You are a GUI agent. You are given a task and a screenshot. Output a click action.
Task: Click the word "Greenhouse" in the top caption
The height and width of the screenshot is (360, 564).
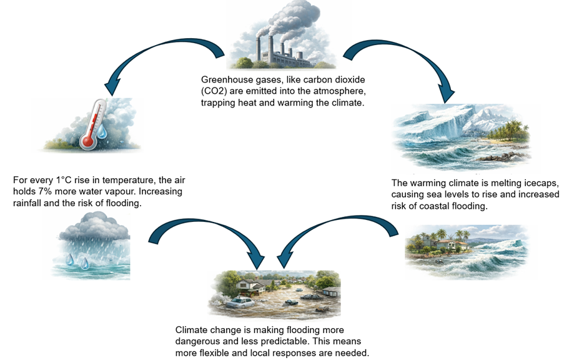point(225,81)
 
